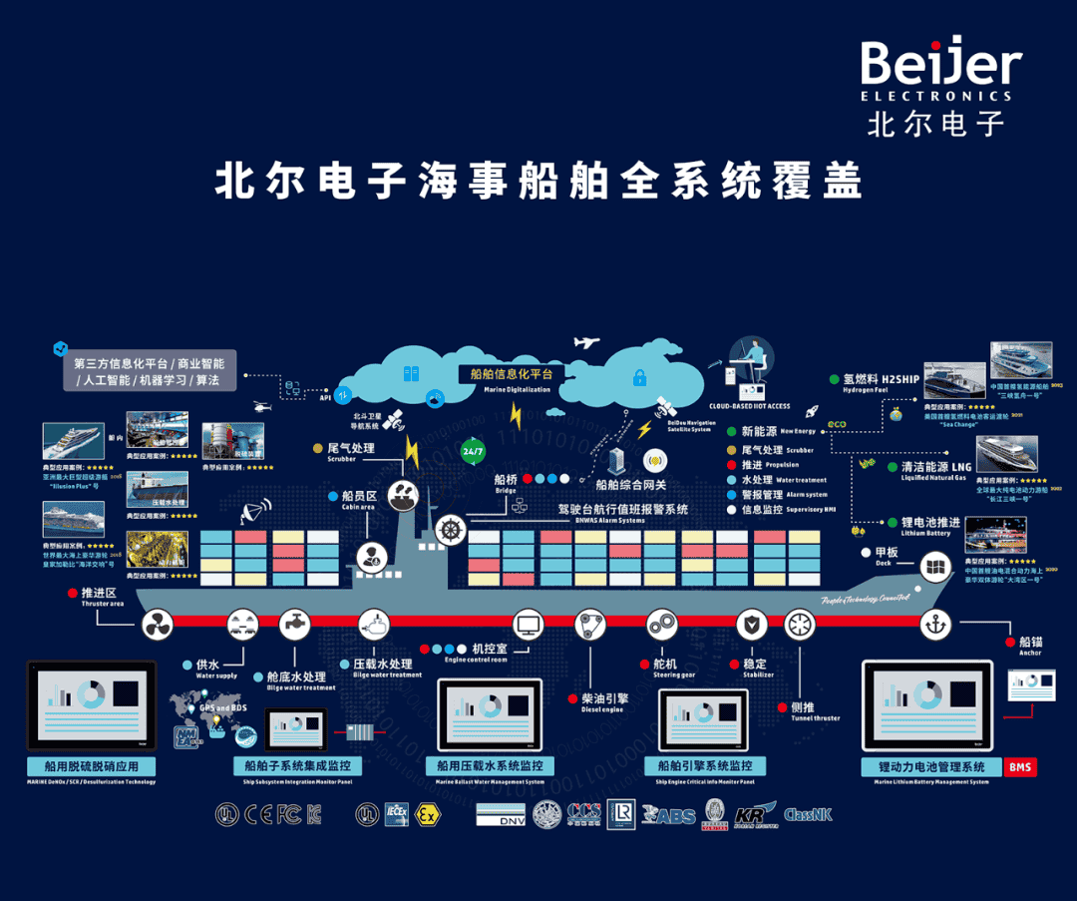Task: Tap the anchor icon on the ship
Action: coord(934,625)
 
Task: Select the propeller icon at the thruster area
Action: coord(157,626)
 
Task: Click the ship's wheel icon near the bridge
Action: coord(451,530)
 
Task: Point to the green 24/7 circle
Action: coord(473,451)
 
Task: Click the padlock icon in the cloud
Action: coord(638,377)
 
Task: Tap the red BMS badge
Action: coord(1020,766)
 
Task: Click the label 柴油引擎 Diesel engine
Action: coord(602,701)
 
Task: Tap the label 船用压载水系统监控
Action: coord(490,766)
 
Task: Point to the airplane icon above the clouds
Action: coord(586,343)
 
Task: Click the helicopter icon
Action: coord(262,407)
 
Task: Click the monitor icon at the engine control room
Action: coord(528,626)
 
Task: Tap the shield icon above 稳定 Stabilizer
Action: coord(751,626)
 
